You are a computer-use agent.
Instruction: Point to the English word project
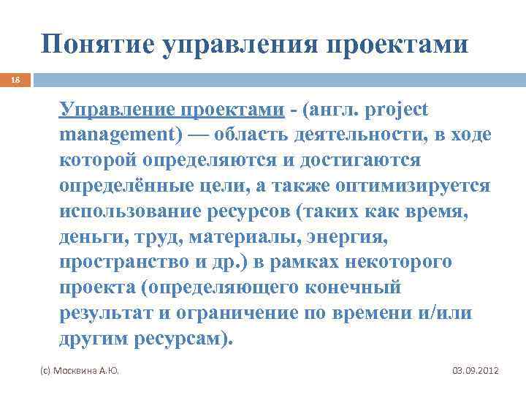[392, 109]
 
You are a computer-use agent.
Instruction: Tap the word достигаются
[356, 160]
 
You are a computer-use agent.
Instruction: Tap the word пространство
[123, 263]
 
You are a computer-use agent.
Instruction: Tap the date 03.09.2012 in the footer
[476, 372]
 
